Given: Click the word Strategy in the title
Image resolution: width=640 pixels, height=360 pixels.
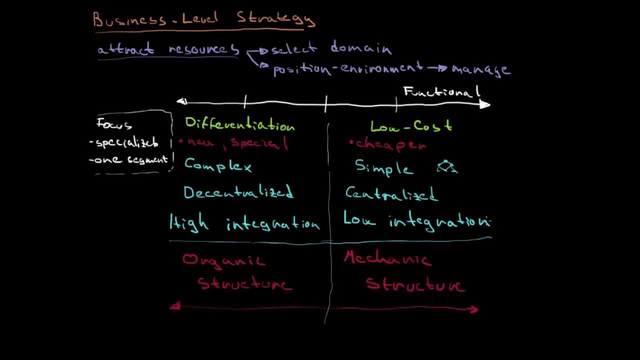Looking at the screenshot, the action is point(276,19).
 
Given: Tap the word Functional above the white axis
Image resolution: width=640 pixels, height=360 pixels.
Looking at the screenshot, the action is point(441,92).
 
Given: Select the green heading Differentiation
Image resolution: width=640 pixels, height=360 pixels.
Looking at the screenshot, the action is point(239,124).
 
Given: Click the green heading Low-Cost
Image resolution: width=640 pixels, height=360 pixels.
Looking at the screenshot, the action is point(411,126).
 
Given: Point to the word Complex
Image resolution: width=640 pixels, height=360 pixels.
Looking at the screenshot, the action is point(218,165).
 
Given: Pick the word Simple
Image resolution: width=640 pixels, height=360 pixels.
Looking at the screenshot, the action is point(384,168).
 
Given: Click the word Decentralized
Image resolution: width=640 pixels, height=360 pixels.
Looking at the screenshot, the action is point(238,193).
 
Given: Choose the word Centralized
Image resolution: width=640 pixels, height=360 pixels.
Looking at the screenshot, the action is point(391,194).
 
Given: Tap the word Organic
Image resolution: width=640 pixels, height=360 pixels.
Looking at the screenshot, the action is point(223,260).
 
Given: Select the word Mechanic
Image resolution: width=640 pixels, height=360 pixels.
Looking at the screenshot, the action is point(387,258).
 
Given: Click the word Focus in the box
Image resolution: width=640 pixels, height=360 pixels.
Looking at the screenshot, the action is point(114,124).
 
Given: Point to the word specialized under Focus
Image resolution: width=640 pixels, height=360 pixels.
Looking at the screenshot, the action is point(126,143).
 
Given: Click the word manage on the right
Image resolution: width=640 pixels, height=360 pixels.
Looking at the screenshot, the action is point(480,69).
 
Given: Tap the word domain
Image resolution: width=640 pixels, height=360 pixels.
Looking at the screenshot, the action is point(361,48).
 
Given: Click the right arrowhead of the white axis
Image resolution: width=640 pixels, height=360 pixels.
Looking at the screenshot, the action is point(485,104).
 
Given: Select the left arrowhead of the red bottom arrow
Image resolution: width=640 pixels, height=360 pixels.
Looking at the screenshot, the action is point(174,306).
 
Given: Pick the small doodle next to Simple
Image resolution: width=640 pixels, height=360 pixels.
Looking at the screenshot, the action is point(447,167).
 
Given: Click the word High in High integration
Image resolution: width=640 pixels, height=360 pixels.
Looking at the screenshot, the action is point(189,223).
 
